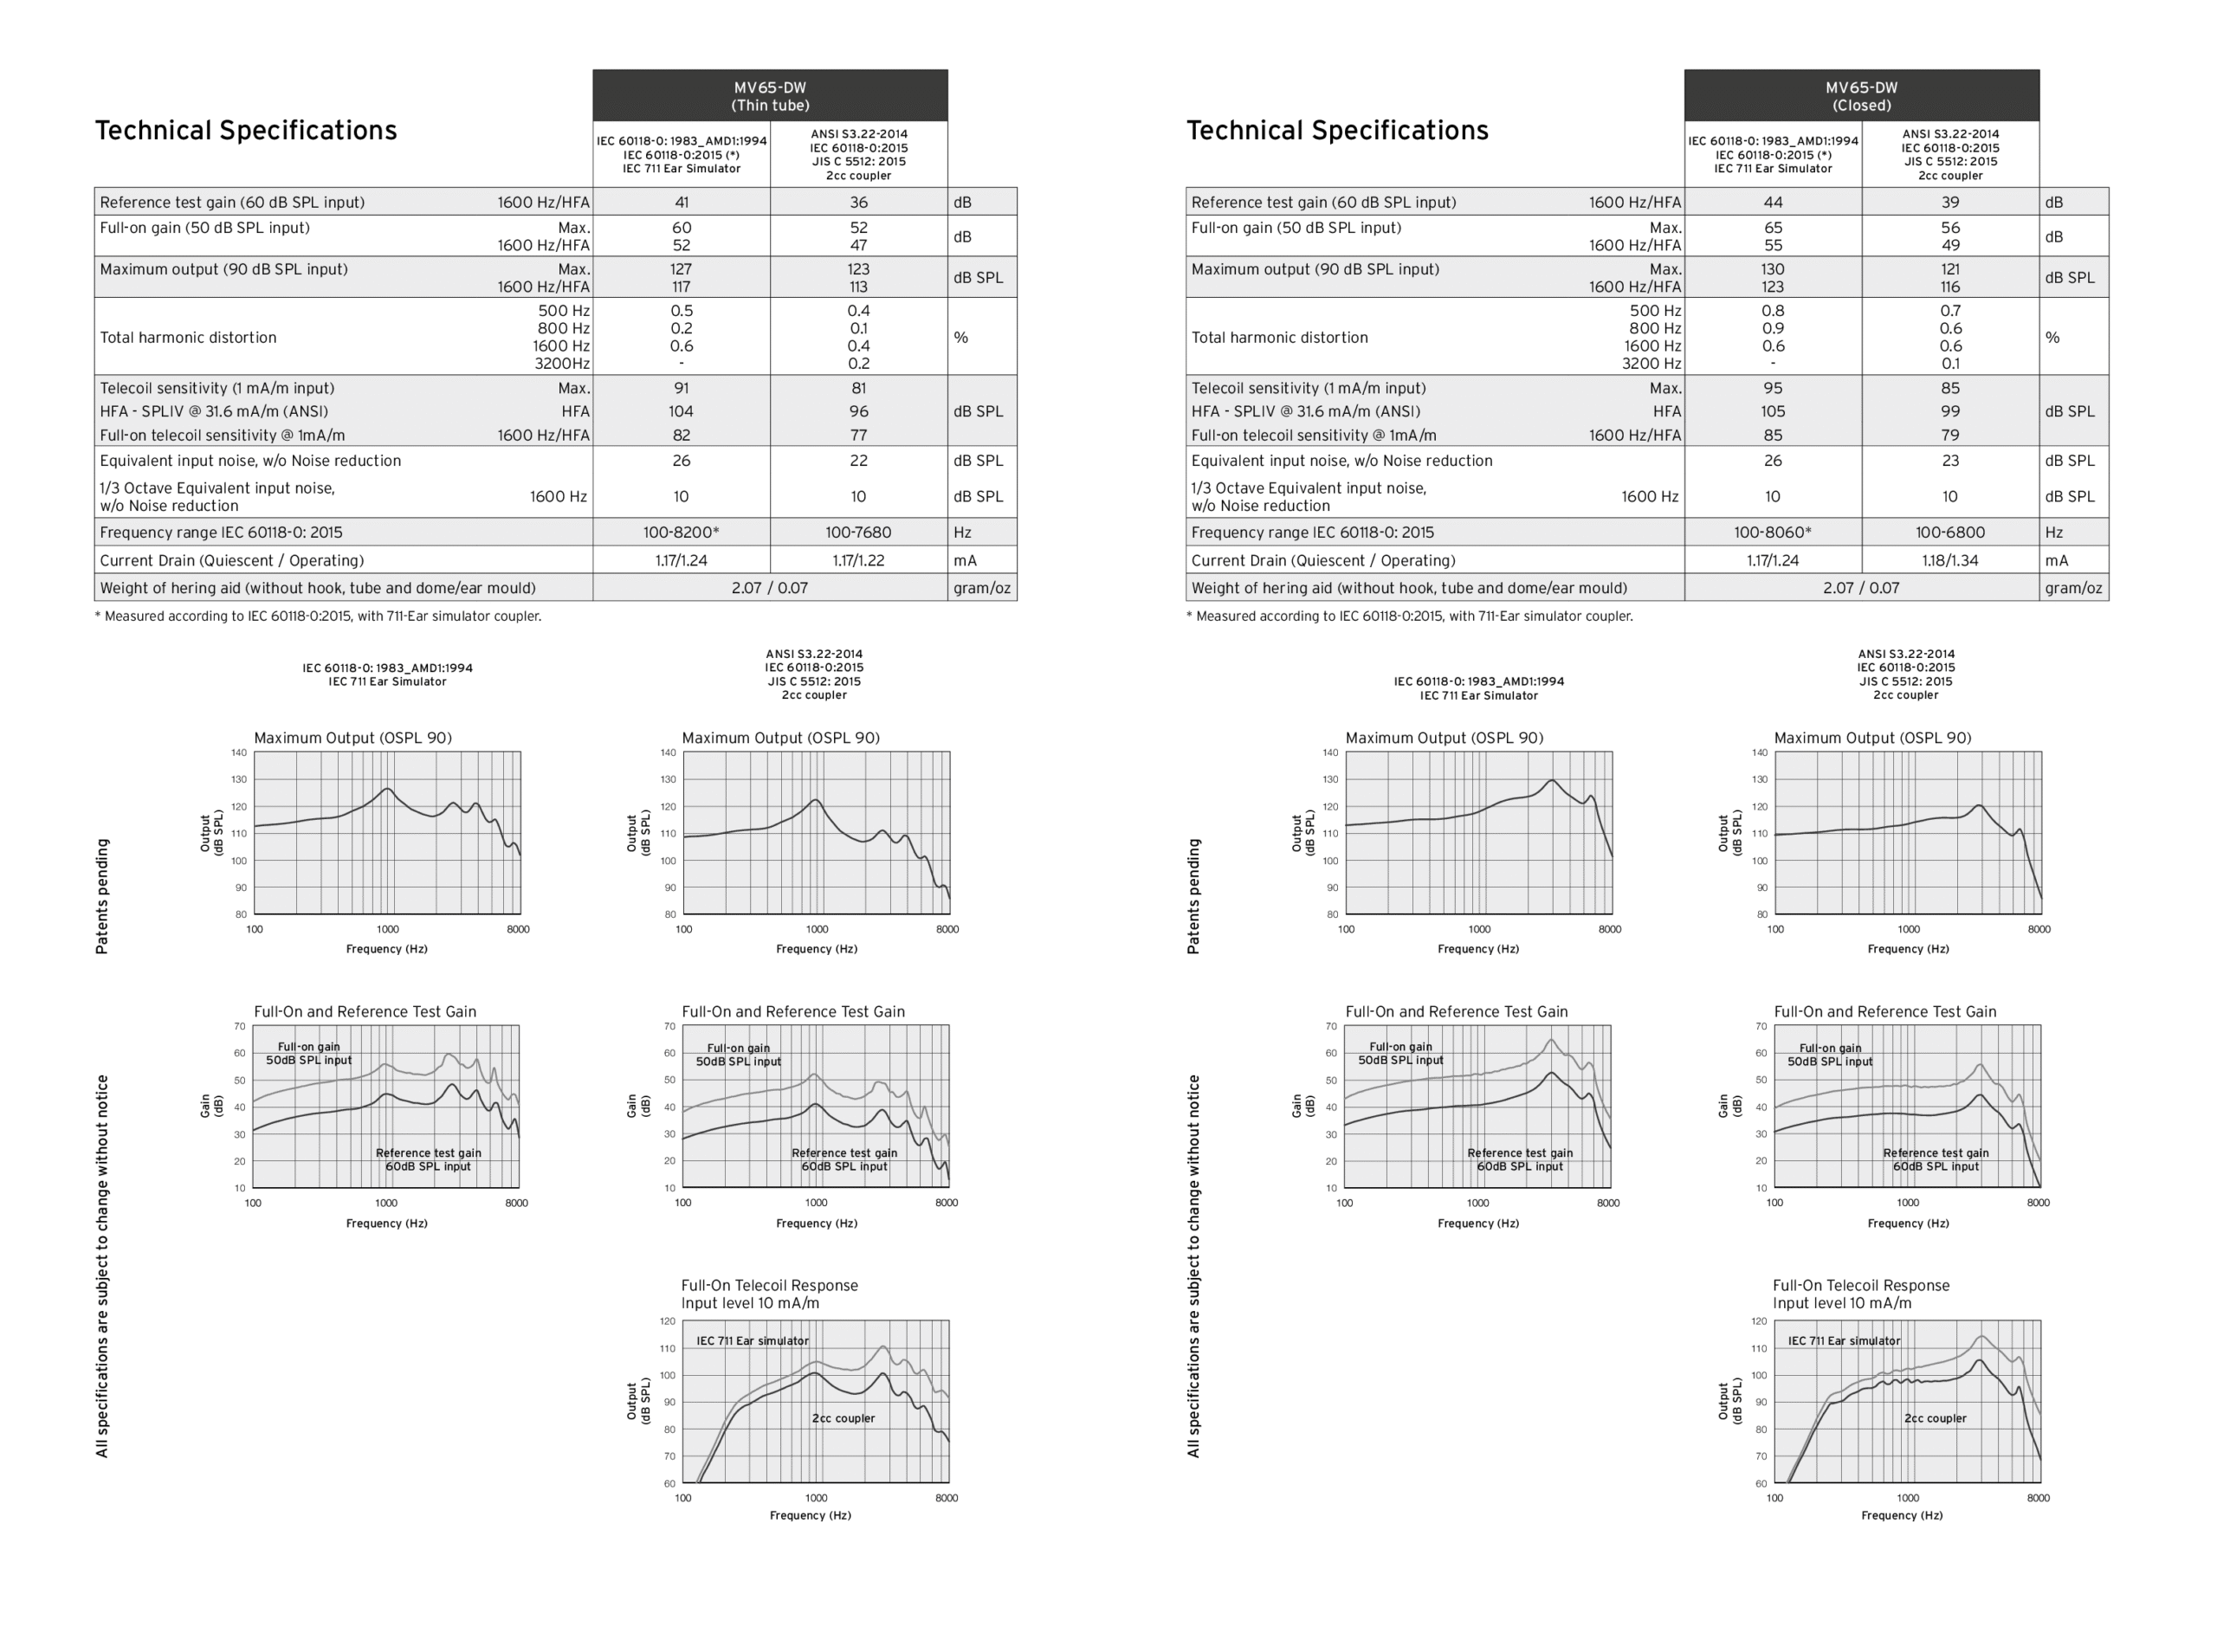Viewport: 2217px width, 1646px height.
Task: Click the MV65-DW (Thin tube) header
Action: pyautogui.click(x=769, y=95)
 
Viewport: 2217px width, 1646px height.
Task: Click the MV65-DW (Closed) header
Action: pyautogui.click(x=1860, y=95)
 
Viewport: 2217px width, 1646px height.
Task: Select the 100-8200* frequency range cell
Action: pyautogui.click(x=681, y=532)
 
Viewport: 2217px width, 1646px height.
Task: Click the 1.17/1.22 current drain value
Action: pyautogui.click(x=858, y=560)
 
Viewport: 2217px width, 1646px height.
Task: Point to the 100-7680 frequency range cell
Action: pyautogui.click(x=858, y=532)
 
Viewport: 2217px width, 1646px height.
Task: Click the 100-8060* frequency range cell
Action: pyautogui.click(x=1772, y=532)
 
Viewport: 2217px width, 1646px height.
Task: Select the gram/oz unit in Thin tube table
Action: pyautogui.click(x=981, y=588)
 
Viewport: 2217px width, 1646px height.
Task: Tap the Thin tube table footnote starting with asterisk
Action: pyautogui.click(x=318, y=616)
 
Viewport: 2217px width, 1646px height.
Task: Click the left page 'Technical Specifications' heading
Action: pyautogui.click(x=245, y=131)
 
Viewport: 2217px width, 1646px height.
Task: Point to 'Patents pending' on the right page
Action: pyautogui.click(x=1193, y=896)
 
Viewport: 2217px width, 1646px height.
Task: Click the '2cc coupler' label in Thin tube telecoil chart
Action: pyautogui.click(x=843, y=1417)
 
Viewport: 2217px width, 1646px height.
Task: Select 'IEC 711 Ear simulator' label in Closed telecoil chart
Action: pyautogui.click(x=1844, y=1341)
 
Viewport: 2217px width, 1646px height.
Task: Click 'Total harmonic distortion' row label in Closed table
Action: pyautogui.click(x=1279, y=338)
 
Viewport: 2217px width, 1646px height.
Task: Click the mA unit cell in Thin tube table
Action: pyautogui.click(x=965, y=560)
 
